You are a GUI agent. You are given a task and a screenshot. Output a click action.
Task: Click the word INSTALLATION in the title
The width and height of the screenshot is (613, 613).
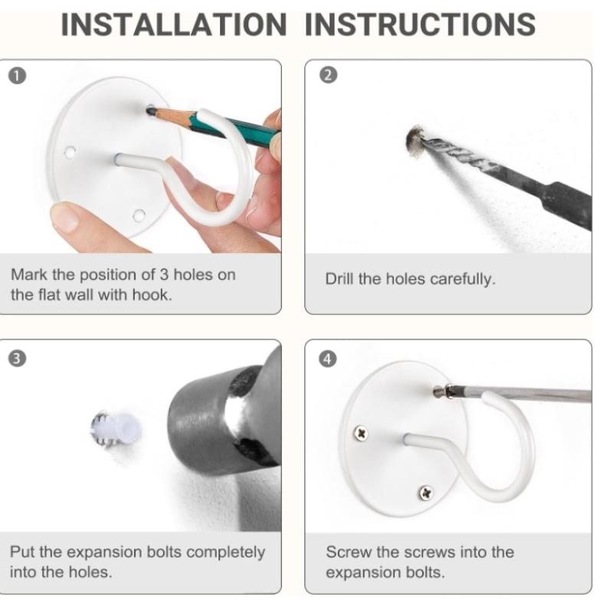[174, 25]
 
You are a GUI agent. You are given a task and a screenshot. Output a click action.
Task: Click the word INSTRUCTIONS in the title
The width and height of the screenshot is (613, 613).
[420, 25]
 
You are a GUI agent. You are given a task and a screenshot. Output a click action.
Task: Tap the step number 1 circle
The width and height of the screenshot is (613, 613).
[17, 76]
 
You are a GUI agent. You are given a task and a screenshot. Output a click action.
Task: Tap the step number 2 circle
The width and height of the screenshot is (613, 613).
[329, 75]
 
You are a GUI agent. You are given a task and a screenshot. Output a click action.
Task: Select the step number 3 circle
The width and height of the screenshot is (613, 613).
[17, 359]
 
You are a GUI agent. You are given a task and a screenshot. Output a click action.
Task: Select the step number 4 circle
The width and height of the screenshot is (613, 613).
[328, 359]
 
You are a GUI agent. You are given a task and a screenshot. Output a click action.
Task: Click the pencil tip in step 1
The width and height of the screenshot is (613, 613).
[149, 111]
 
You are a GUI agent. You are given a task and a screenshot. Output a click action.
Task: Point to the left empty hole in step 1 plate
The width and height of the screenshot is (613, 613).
[70, 152]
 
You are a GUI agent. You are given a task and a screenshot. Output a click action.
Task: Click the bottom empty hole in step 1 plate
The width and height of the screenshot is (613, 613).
[139, 215]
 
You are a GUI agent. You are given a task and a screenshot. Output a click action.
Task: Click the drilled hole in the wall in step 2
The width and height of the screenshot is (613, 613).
[415, 141]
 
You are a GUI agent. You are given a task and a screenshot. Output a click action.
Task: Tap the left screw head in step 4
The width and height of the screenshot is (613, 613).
[360, 433]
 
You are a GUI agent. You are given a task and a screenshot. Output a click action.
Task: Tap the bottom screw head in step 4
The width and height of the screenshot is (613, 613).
[425, 493]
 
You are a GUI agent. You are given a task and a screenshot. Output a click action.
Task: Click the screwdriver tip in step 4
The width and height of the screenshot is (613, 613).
[437, 392]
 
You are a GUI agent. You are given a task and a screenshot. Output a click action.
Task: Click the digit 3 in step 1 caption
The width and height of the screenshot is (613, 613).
[164, 275]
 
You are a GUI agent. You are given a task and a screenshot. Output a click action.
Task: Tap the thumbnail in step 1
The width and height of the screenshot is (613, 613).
[65, 217]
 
